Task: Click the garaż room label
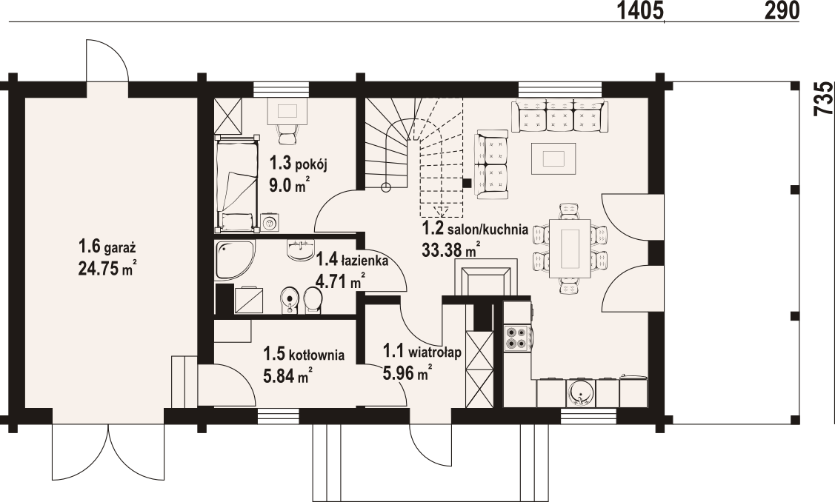tap(107, 247)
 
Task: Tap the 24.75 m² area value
tap(105, 268)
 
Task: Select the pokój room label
tap(298, 164)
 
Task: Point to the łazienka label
tap(352, 261)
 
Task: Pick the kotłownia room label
tap(304, 354)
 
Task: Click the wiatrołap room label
tap(422, 352)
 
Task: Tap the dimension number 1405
tap(639, 10)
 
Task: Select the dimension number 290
tap(782, 10)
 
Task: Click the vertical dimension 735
tap(824, 98)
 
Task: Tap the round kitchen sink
tap(579, 392)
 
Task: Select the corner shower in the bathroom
tap(234, 260)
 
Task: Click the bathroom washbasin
tap(300, 250)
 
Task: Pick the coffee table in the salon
tap(553, 158)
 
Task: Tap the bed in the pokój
tap(237, 183)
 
